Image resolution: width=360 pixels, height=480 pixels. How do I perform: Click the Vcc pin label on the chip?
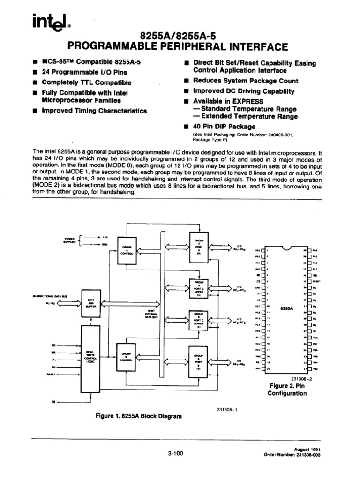point(315,337)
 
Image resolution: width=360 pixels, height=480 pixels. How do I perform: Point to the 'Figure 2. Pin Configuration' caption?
point(287,390)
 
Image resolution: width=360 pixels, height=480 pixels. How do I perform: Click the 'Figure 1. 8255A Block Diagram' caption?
point(138,416)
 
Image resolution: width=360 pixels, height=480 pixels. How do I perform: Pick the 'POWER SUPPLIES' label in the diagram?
point(69,240)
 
